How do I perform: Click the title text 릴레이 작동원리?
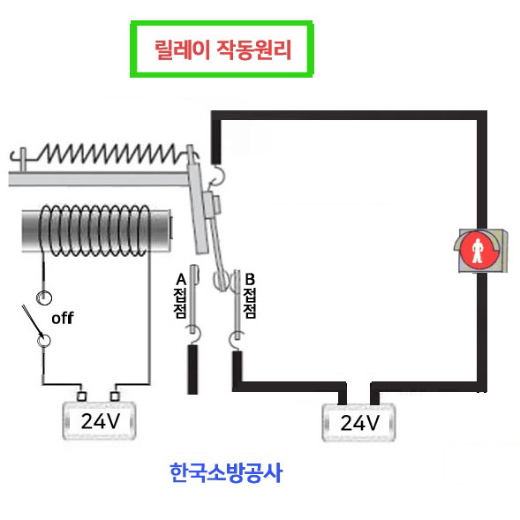[x=222, y=49]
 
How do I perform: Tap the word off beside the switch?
[x=63, y=318]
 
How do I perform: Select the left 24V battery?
[x=99, y=420]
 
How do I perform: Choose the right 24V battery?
[x=358, y=423]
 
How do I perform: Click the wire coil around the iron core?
[x=94, y=230]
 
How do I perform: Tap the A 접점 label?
[x=180, y=296]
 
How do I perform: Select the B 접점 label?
[x=250, y=296]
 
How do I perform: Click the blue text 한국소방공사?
[x=226, y=472]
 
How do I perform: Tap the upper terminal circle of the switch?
[x=44, y=298]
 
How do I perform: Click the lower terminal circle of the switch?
[x=43, y=341]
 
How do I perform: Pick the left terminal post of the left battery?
[x=81, y=396]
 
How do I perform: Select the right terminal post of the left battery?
[x=115, y=396]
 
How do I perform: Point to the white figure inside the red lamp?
[x=478, y=251]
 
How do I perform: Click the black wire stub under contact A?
[x=192, y=369]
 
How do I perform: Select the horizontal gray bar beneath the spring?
[x=99, y=178]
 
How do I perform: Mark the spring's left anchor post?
[x=23, y=160]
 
